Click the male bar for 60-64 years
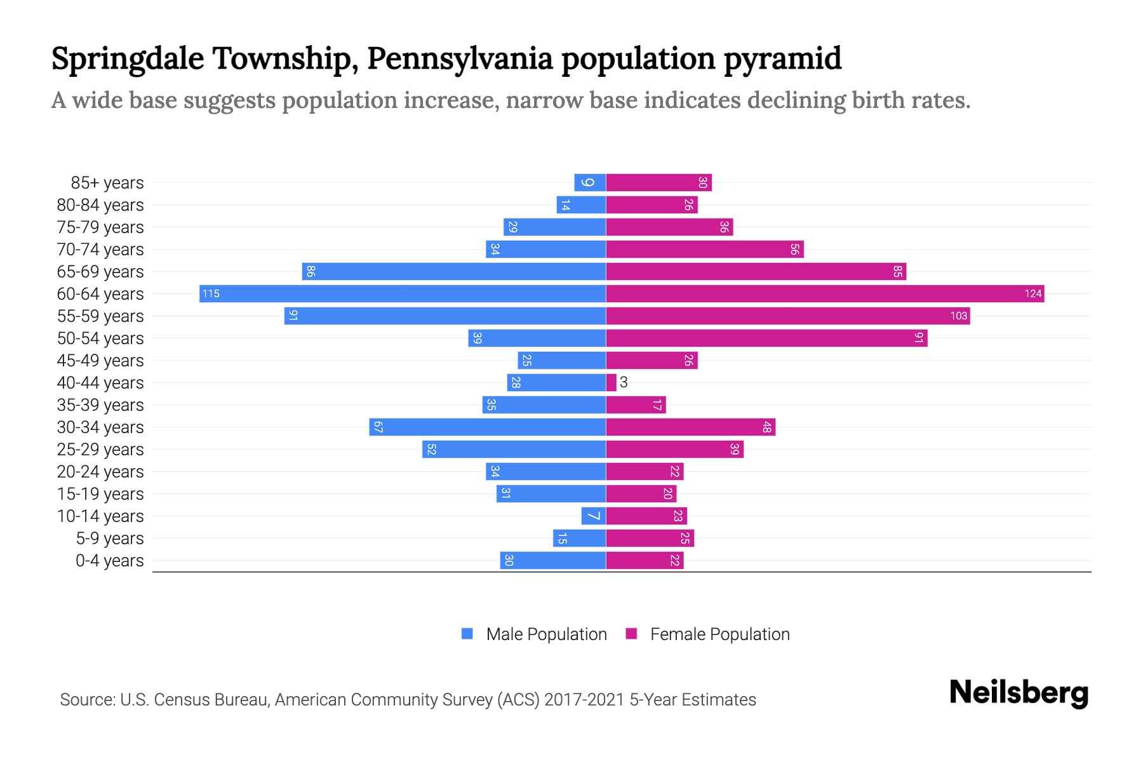pos(403,293)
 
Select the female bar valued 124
pos(825,293)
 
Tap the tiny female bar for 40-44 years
pos(611,382)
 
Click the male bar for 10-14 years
pos(594,516)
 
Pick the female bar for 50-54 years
pos(766,338)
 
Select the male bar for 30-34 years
pos(488,427)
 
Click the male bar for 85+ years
pos(590,182)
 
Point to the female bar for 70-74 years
pos(705,249)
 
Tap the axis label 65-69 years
pos(100,272)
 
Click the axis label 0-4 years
pos(109,561)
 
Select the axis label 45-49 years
pos(100,361)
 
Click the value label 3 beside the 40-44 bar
pos(624,382)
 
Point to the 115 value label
pos(211,293)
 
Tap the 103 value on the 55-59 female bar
pos(958,316)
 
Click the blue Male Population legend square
pos(467,634)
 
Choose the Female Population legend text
pos(719,634)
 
